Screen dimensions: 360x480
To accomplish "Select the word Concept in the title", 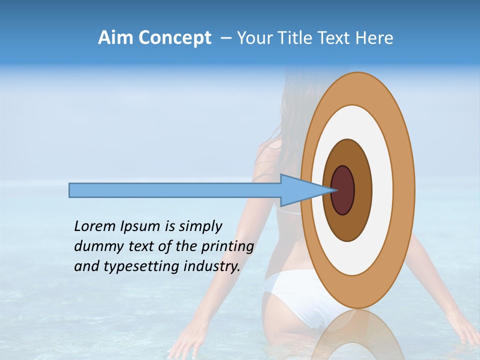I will tap(174, 38).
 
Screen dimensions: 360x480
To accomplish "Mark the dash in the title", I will tap(226, 38).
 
